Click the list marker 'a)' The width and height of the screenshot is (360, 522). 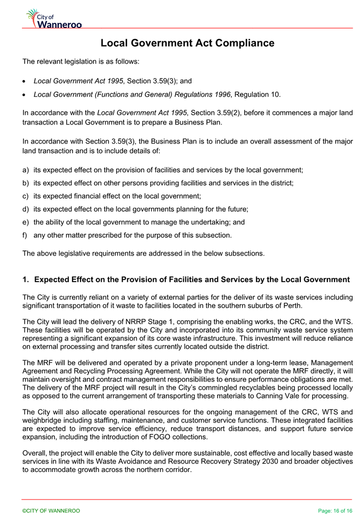click(26, 169)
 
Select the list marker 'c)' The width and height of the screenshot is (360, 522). click(26, 195)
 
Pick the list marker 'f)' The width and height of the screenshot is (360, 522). click(26, 235)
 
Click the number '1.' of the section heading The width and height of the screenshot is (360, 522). click(26, 280)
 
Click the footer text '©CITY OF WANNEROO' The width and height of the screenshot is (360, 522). click(51, 510)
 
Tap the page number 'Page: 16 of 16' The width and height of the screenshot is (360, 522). click(335, 510)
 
